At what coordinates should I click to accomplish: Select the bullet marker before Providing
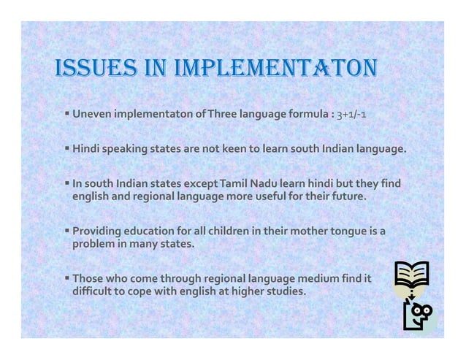pos(66,231)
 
